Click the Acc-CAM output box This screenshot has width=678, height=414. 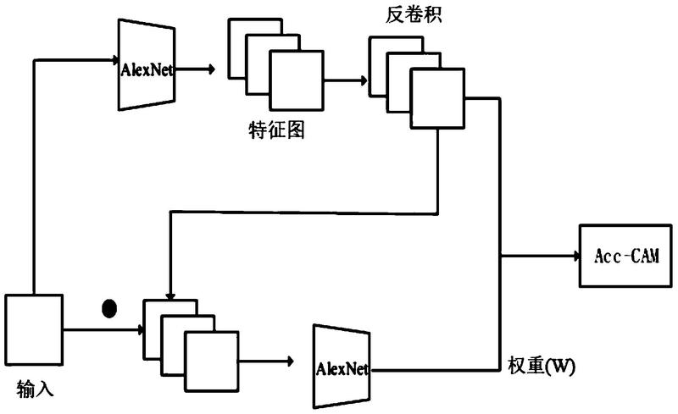point(625,256)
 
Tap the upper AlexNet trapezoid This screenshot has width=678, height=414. point(147,65)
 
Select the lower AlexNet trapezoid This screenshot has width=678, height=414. point(342,367)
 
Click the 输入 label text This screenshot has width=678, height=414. point(35,389)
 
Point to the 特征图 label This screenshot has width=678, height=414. point(277,130)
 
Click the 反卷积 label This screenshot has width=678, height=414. point(414,14)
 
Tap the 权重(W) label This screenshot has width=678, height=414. point(542,367)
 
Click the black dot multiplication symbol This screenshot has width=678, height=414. point(109,308)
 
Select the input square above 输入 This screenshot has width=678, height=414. point(34,329)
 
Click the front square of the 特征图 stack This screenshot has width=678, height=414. point(297,80)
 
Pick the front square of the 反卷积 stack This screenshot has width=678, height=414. point(437,98)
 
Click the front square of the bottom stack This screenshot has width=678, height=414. point(212,362)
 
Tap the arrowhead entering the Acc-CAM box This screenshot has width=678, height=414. point(576,256)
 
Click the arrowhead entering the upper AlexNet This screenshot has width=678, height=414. point(116,59)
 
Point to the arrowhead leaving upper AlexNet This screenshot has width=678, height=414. point(212,69)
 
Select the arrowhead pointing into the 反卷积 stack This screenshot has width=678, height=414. point(364,80)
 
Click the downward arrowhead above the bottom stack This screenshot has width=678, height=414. point(170,297)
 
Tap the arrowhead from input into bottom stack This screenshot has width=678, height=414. point(140,330)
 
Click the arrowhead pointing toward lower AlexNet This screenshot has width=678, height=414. point(290,362)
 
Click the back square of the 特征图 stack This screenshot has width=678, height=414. point(255,48)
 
